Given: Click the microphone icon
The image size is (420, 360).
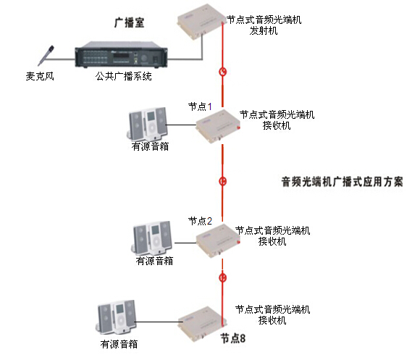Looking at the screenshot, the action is pyautogui.click(x=46, y=56).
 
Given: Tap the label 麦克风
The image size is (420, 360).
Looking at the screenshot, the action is pyautogui.click(x=40, y=76).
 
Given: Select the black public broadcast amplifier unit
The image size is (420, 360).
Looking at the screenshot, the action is pyautogui.click(x=122, y=54).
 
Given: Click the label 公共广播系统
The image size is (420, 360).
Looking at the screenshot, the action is pyautogui.click(x=124, y=76).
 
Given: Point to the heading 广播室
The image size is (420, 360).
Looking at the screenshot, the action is pyautogui.click(x=130, y=22).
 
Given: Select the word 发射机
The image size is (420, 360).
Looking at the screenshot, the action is pyautogui.click(x=264, y=30).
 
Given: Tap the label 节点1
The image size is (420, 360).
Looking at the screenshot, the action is pyautogui.click(x=200, y=106).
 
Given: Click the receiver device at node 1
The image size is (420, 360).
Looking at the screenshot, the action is pyautogui.click(x=218, y=126).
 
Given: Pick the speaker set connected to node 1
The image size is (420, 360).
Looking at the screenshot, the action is pyautogui.click(x=147, y=124).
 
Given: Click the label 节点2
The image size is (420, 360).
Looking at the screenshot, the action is pyautogui.click(x=200, y=221).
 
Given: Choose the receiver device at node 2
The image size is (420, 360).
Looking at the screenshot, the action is pyautogui.click(x=218, y=240).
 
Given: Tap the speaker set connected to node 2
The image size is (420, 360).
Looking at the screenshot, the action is pyautogui.click(x=152, y=238).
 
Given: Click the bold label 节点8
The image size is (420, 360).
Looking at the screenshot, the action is pyautogui.click(x=233, y=338).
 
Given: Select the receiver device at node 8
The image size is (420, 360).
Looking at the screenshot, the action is pyautogui.click(x=202, y=324).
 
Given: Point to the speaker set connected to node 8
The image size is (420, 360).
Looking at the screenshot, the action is pyautogui.click(x=117, y=318).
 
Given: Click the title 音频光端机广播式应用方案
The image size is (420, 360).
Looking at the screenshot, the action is pyautogui.click(x=342, y=182).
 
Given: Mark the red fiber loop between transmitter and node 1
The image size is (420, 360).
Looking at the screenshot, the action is pyautogui.click(x=223, y=72).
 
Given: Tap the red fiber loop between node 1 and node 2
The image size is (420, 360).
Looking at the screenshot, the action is pyautogui.click(x=222, y=181).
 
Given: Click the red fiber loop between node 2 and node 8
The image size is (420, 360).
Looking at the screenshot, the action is pyautogui.click(x=222, y=277).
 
